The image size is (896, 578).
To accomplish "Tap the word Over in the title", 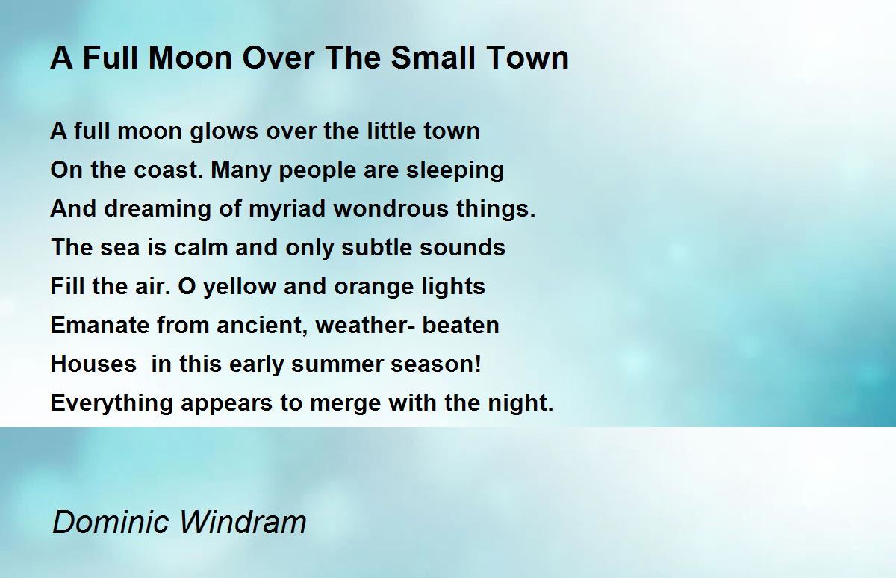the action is [x=278, y=58].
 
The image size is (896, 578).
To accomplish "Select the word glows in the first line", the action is [x=224, y=132].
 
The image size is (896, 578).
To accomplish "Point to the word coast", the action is [x=166, y=170].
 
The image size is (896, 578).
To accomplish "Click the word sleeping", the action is [x=455, y=171].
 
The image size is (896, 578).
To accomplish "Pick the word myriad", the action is [x=287, y=210].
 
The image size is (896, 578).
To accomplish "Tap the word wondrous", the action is [x=391, y=209].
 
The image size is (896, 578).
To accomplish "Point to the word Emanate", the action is [x=99, y=325].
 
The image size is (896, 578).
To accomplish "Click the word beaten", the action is [x=461, y=325].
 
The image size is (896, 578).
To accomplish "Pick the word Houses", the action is [x=93, y=364].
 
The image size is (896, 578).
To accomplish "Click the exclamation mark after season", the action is [x=478, y=363].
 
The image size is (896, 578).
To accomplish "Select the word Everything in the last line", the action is [x=111, y=403].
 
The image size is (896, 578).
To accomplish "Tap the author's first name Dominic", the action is [x=111, y=521].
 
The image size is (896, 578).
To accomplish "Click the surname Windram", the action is [x=243, y=521].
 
